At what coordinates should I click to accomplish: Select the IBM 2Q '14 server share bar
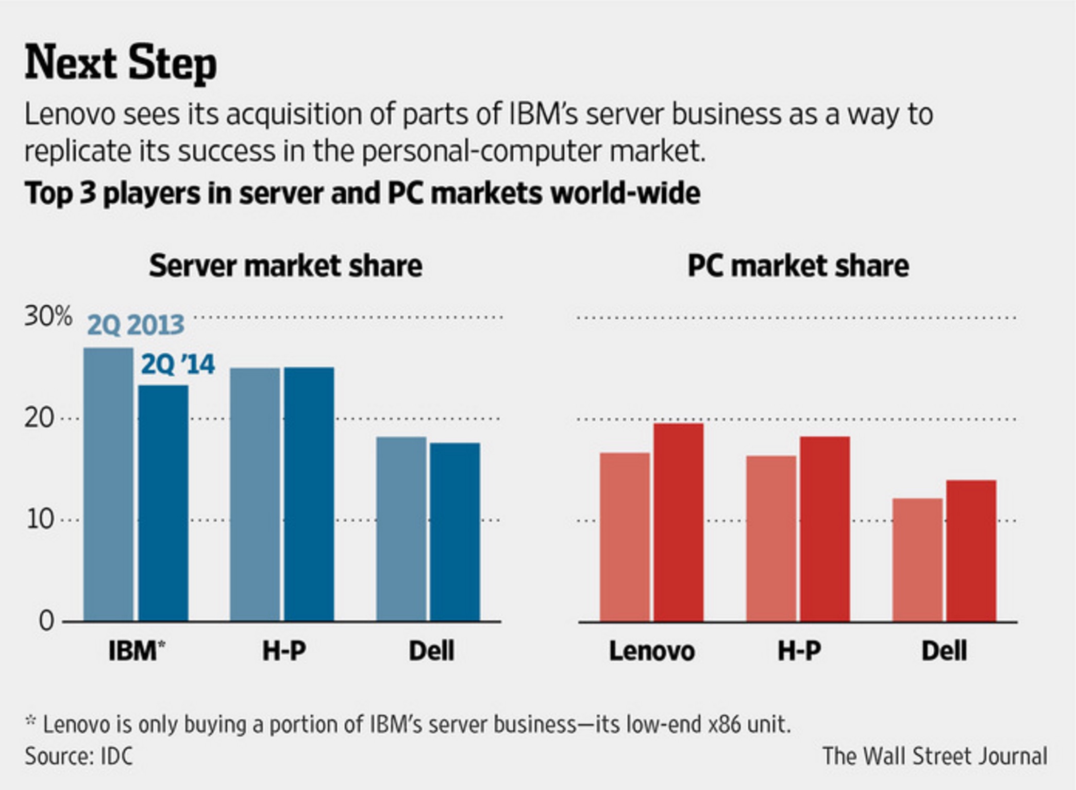pyautogui.click(x=163, y=503)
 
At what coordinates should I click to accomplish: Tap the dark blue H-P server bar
pyautogui.click(x=309, y=493)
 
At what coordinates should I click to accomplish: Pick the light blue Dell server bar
pyautogui.click(x=401, y=529)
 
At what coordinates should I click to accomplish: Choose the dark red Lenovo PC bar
pyautogui.click(x=678, y=522)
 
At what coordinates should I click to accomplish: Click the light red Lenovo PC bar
pyautogui.click(x=625, y=536)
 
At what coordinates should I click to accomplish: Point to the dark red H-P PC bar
pyautogui.click(x=825, y=529)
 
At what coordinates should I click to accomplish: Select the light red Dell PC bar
pyautogui.click(x=917, y=559)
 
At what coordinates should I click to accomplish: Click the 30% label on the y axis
pyautogui.click(x=48, y=316)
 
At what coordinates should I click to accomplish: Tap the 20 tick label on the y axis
pyautogui.click(x=39, y=418)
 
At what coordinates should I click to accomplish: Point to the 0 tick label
pyautogui.click(x=46, y=621)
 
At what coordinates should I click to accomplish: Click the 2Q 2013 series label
pyautogui.click(x=136, y=325)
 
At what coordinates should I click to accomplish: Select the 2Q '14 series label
pyautogui.click(x=178, y=364)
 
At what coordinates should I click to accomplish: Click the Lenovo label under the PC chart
pyautogui.click(x=652, y=651)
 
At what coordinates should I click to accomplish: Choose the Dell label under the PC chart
pyautogui.click(x=944, y=651)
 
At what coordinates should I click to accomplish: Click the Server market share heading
pyautogui.click(x=285, y=266)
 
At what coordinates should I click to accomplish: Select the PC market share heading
pyautogui.click(x=798, y=266)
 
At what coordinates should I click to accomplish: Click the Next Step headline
pyautogui.click(x=121, y=63)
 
